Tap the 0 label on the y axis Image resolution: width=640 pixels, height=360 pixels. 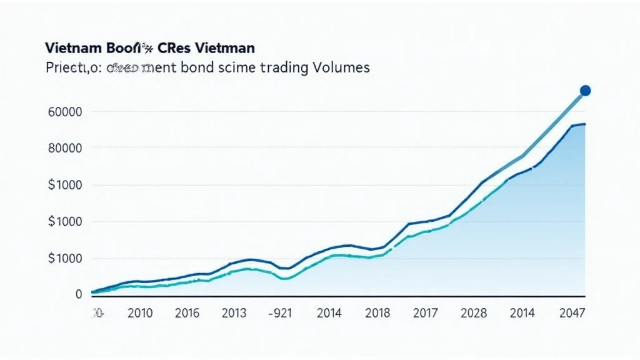(79, 294)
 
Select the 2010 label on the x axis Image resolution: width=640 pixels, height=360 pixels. (140, 314)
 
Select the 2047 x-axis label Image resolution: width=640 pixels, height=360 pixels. (572, 314)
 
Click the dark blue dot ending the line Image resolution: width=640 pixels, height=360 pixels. (585, 91)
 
